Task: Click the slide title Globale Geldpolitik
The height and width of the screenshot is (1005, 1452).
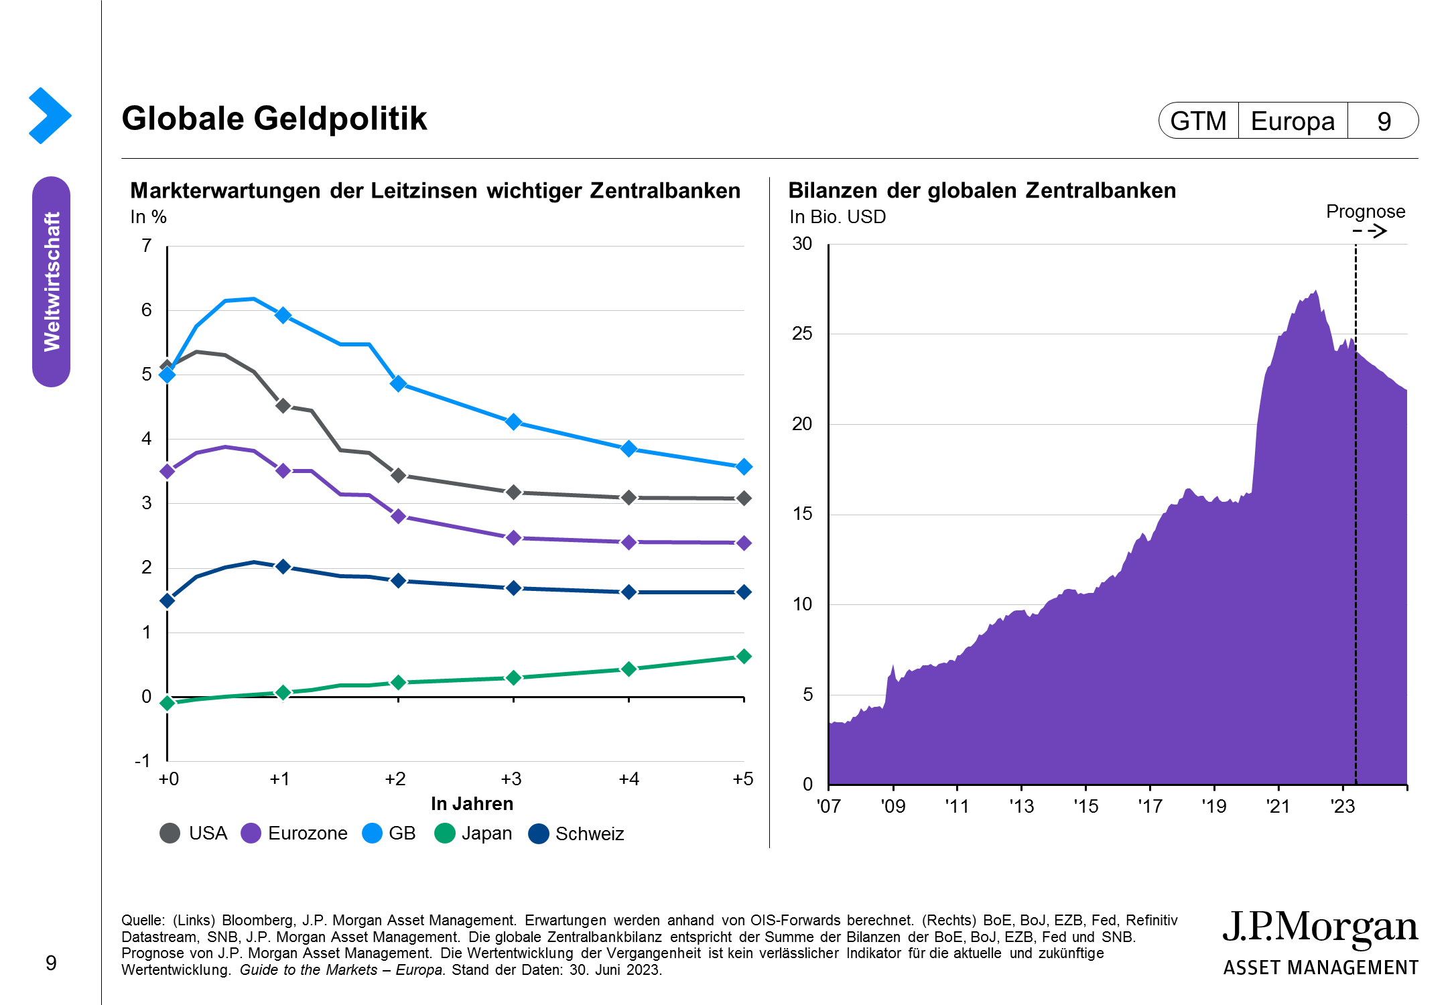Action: tap(274, 119)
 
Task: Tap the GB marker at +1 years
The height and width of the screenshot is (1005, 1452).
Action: tap(283, 315)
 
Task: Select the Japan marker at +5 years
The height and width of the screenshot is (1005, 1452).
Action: tap(743, 657)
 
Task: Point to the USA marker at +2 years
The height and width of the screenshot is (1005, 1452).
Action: tap(399, 475)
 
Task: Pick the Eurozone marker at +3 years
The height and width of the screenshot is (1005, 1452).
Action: tap(514, 537)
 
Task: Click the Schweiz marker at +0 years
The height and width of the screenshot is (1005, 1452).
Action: tap(168, 600)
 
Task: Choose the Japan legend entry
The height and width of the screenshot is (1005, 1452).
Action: tap(474, 833)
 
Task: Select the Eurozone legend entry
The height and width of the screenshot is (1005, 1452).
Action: tap(294, 833)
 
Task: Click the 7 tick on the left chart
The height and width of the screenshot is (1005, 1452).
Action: tap(147, 246)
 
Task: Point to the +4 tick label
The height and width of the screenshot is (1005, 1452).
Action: tap(629, 779)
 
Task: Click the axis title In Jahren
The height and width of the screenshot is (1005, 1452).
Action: tap(472, 804)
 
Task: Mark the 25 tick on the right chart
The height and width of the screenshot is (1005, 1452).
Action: tap(802, 334)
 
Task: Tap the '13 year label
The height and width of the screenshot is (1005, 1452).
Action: tap(1021, 806)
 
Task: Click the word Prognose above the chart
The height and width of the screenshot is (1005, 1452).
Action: tap(1365, 212)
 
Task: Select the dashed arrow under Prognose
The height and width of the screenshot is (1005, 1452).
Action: tap(1369, 231)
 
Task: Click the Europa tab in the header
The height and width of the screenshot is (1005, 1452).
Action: tap(1293, 121)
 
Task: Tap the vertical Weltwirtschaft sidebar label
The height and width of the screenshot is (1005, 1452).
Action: tap(52, 281)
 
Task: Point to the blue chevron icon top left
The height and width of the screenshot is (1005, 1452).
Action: tap(50, 115)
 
